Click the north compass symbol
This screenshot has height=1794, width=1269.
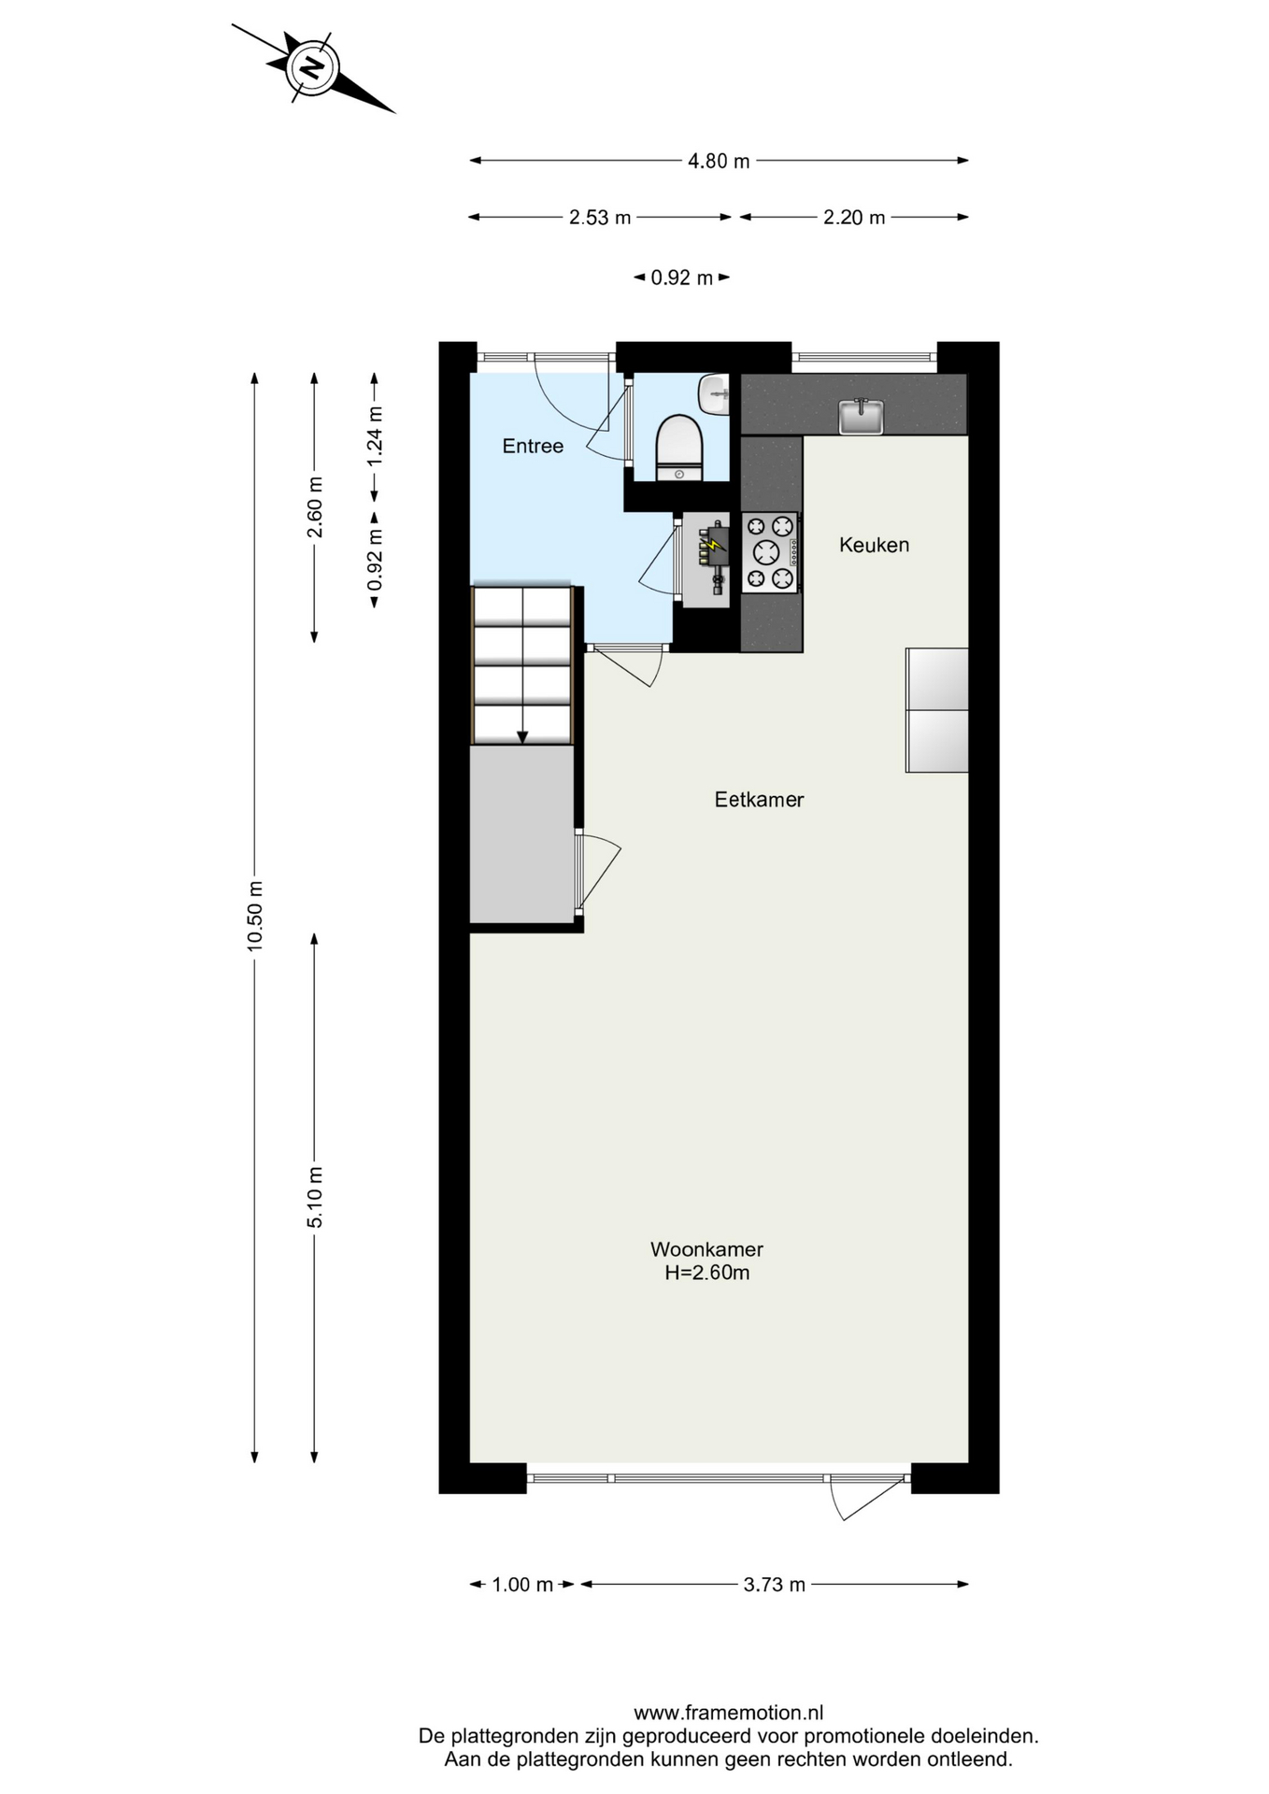[x=312, y=67]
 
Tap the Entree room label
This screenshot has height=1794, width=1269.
[x=533, y=447]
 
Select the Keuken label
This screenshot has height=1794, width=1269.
[x=874, y=545]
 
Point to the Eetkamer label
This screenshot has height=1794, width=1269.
[x=759, y=800]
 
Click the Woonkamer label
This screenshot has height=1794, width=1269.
[x=706, y=1249]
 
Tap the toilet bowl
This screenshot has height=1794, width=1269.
[x=679, y=448]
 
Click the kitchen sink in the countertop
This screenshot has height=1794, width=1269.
[x=861, y=417]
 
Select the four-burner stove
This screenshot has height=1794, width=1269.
[x=770, y=552]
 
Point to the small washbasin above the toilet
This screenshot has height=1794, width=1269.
[x=715, y=394]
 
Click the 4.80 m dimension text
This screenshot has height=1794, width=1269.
[x=719, y=161]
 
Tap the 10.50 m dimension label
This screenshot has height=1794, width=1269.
[x=255, y=916]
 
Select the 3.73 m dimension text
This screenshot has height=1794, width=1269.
[x=775, y=1585]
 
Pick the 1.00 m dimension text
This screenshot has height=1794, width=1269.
[x=522, y=1585]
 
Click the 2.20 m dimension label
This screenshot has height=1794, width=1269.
[x=854, y=218]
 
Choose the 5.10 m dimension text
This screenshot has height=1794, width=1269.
[x=315, y=1198]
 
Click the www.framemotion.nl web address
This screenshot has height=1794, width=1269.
[x=729, y=1713]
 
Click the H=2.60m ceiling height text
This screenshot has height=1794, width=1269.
[x=707, y=1273]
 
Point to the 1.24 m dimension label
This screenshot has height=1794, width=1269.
[x=375, y=435]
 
